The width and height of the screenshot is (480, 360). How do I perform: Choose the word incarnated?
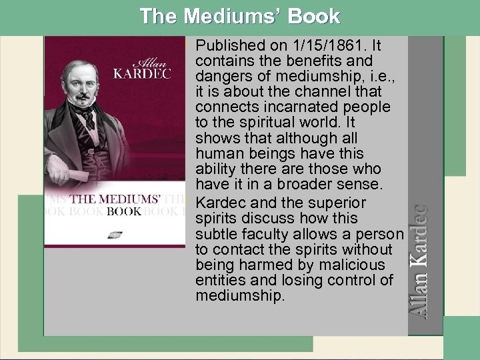pos(299,108)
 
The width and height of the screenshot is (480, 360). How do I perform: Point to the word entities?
pos(218,280)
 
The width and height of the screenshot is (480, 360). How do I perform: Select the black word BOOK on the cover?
pos(124,211)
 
